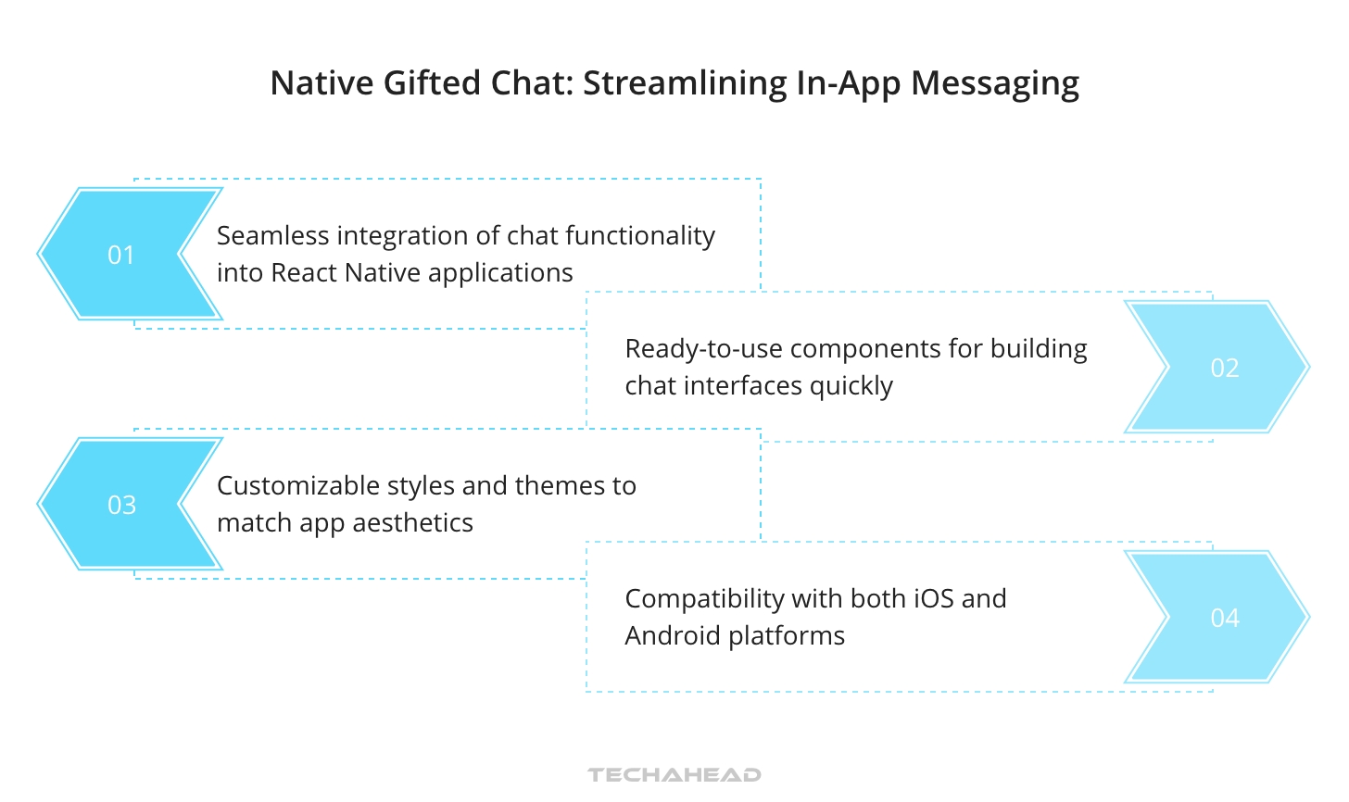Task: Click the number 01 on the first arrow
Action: (x=121, y=255)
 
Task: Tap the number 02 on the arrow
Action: (x=1225, y=368)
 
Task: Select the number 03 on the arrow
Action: (x=121, y=505)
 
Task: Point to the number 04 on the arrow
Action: (x=1225, y=618)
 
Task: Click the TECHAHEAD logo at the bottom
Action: (x=674, y=774)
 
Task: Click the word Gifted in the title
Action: (x=433, y=83)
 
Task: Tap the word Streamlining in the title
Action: (x=685, y=83)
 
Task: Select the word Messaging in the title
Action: (x=995, y=83)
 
